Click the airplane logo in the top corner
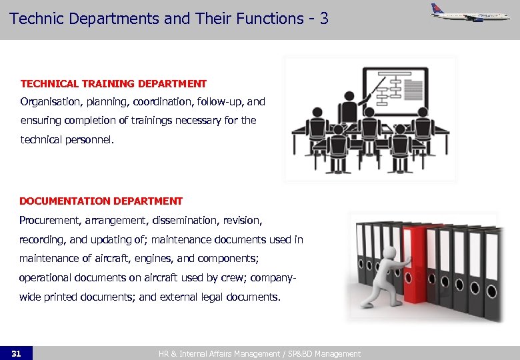[470, 13]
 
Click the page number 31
[16, 353]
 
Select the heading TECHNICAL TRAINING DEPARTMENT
[113, 84]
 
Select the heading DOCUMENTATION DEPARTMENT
[101, 201]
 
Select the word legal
[207, 297]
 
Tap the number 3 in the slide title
[324, 18]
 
